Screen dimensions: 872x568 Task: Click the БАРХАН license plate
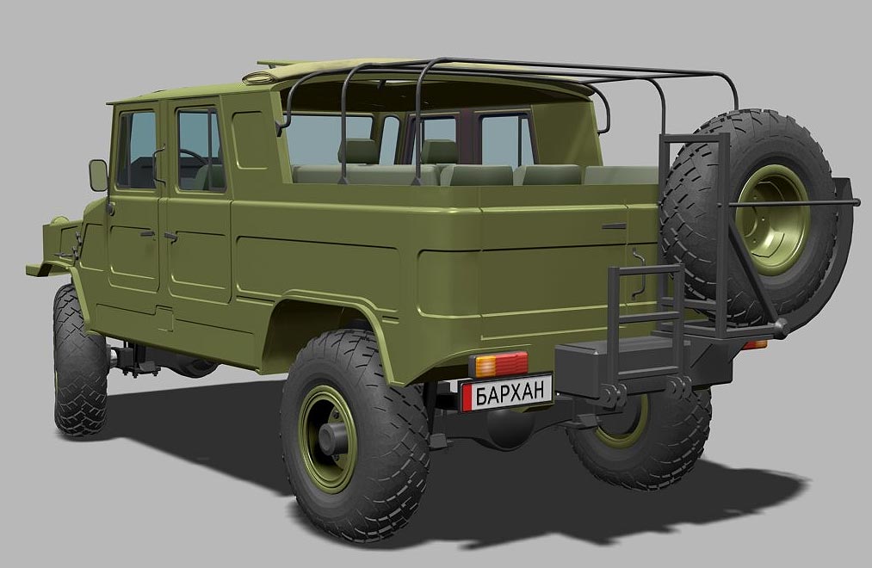point(506,392)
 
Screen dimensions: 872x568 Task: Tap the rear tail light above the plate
point(498,365)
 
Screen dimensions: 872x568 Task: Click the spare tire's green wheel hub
point(772,220)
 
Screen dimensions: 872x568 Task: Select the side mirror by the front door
point(98,175)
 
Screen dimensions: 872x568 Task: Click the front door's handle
point(147,234)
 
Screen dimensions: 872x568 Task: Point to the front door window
point(136,150)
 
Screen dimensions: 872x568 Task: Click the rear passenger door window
point(201,150)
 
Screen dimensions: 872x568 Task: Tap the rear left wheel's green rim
point(328,439)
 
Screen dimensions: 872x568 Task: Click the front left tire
point(79,361)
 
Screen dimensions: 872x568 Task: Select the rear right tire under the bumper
point(640,439)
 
